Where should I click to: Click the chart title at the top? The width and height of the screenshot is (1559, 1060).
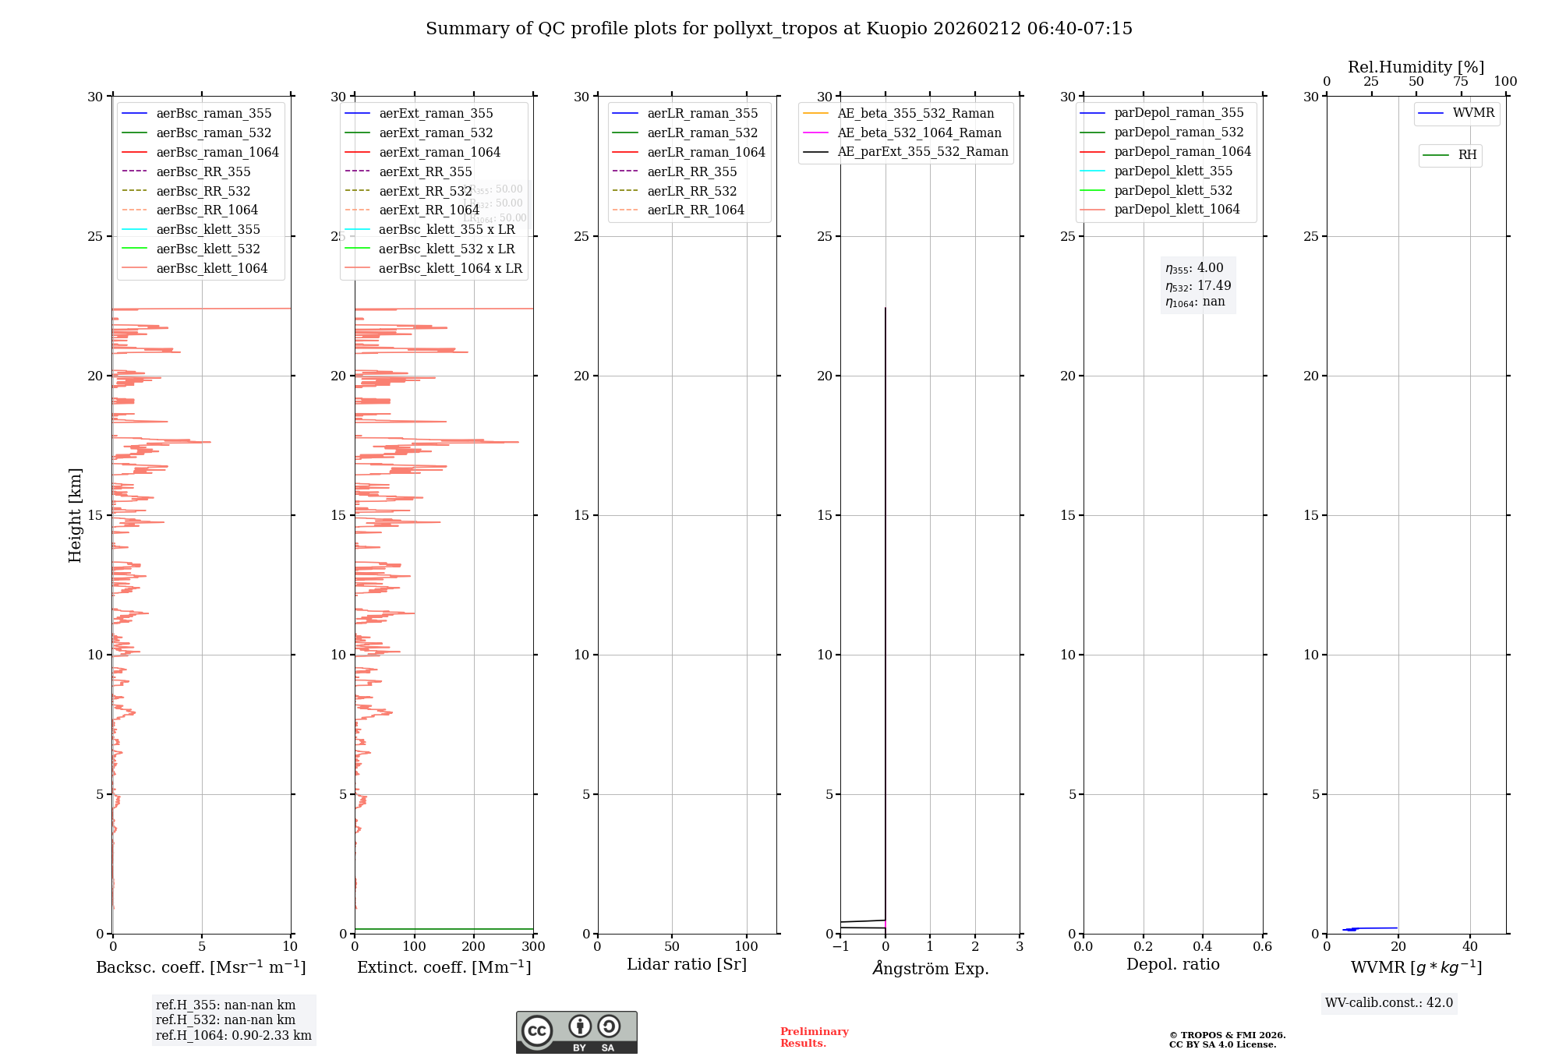(779, 29)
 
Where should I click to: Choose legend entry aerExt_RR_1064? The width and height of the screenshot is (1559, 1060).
(429, 210)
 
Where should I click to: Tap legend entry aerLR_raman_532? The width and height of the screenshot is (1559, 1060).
(702, 133)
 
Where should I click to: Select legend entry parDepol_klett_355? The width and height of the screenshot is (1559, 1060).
(1173, 171)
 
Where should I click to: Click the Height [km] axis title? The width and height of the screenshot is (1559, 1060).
(75, 515)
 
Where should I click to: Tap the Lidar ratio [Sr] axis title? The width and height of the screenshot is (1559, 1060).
(687, 964)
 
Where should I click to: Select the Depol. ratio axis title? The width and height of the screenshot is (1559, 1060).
(1172, 964)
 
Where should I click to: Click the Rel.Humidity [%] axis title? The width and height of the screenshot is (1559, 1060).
(1416, 67)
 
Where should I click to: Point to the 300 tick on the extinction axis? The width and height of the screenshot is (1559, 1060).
(533, 947)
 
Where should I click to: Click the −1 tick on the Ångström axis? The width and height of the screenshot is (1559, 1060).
(840, 947)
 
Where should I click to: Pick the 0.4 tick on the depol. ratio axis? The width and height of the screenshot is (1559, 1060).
(1203, 947)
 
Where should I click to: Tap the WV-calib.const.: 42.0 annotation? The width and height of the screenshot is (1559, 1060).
(1389, 1002)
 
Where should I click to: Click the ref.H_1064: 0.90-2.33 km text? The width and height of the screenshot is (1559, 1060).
(234, 1035)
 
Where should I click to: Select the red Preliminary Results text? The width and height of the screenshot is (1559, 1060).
(814, 1037)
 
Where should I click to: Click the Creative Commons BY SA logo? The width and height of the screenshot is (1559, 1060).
(576, 1033)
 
